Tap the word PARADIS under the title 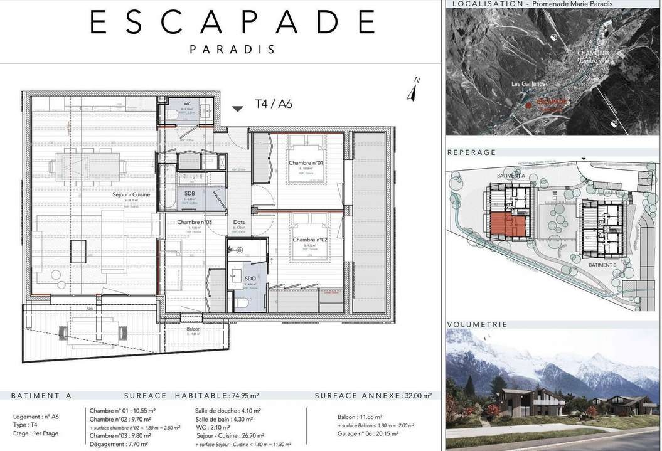(233, 49)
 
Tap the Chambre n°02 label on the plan (310, 240)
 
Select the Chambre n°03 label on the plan (195, 222)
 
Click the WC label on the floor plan (187, 103)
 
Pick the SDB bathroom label (190, 193)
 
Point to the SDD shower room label (250, 278)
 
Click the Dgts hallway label (239, 222)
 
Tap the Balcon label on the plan (193, 329)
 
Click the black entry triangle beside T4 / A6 (237, 109)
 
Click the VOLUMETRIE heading (477, 324)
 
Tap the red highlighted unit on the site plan (508, 225)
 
